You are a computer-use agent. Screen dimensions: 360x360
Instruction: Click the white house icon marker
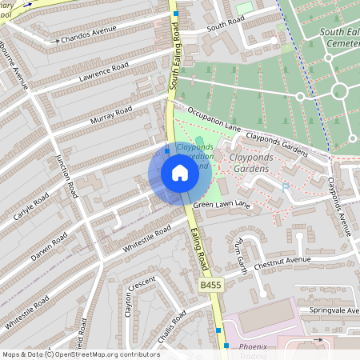[180, 174]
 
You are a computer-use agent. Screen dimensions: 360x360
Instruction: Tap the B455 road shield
[210, 285]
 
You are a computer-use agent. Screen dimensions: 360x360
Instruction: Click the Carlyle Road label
[31, 207]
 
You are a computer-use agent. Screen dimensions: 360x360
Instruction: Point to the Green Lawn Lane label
[222, 206]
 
